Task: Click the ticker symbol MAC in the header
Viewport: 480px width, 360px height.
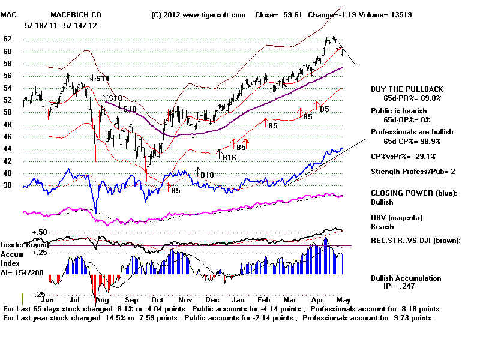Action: [8, 14]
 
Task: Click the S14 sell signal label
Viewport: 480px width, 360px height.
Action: [102, 78]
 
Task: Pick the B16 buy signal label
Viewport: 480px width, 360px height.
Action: [229, 158]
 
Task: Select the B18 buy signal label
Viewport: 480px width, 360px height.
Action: [207, 175]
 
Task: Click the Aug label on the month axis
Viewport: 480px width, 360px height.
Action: [102, 298]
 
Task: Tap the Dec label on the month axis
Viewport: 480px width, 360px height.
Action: [211, 298]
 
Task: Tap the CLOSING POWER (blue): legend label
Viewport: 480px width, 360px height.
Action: [413, 193]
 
